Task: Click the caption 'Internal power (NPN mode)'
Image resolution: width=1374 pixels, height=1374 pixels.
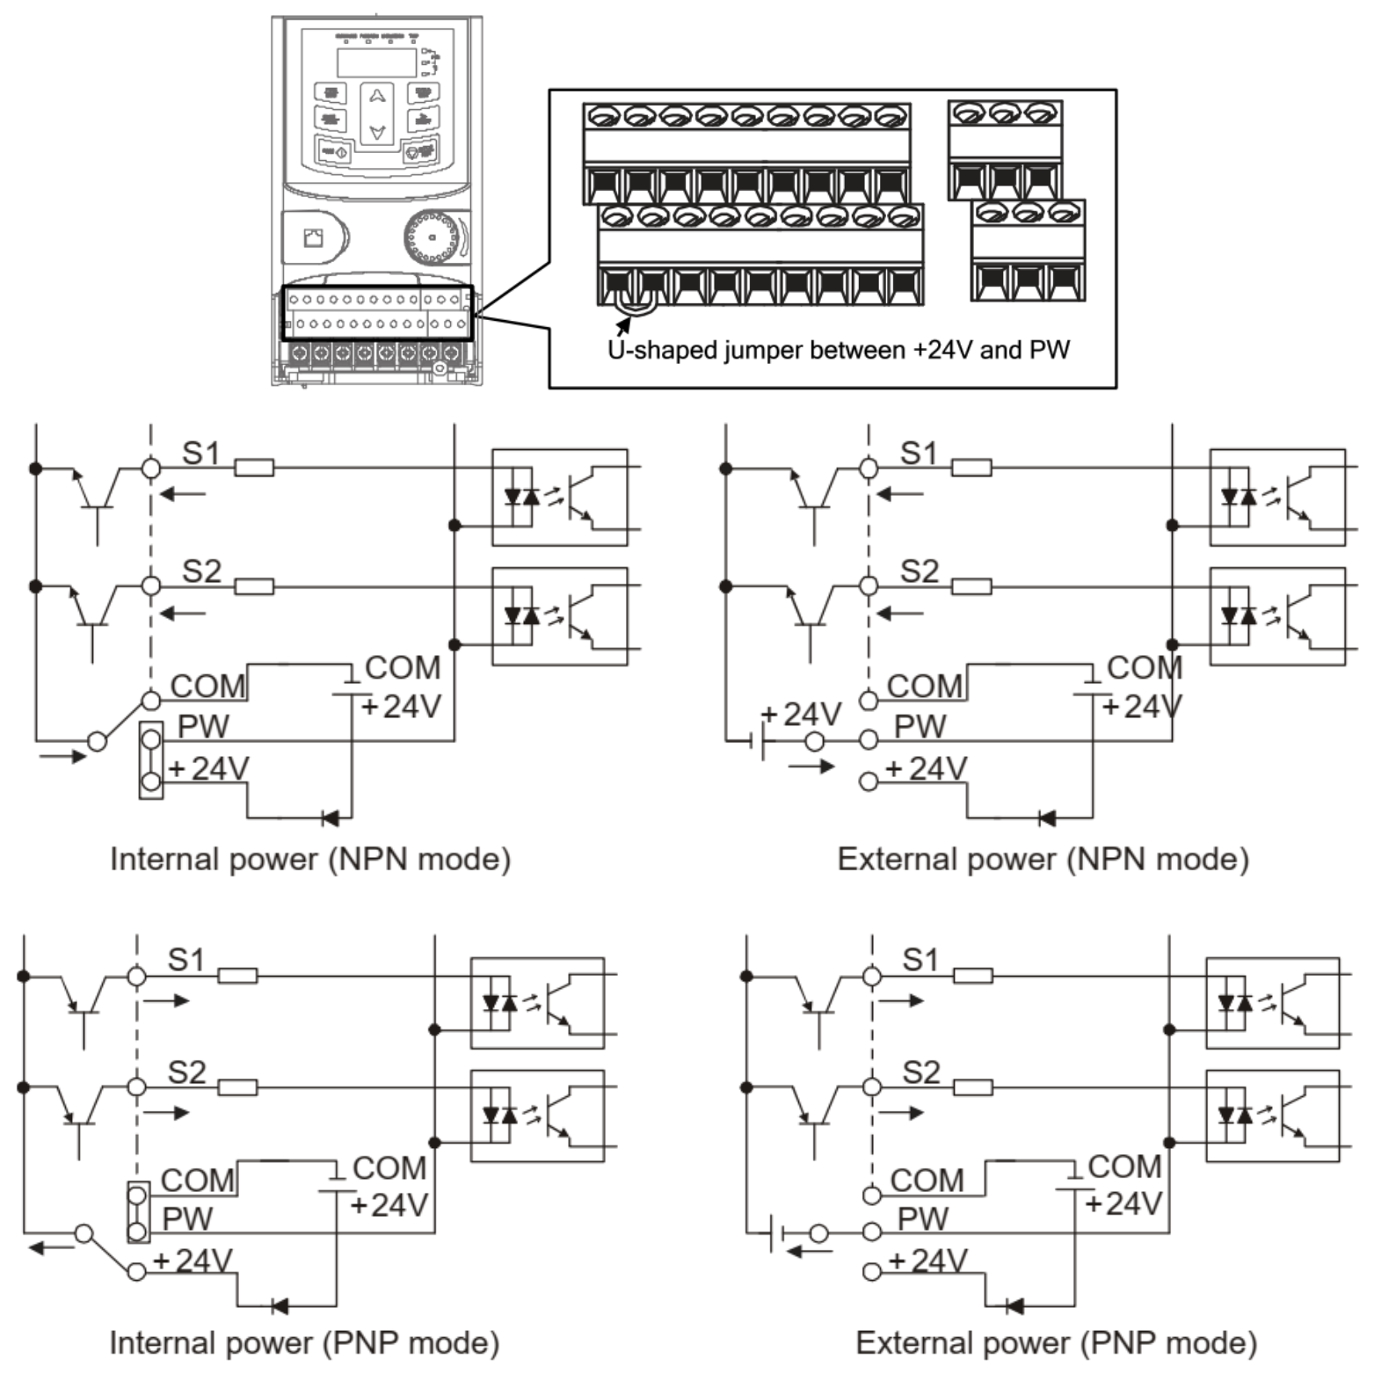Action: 309,859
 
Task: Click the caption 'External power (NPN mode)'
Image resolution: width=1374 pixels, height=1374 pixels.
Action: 1043,859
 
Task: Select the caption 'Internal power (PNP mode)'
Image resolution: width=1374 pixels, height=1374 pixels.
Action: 303,1342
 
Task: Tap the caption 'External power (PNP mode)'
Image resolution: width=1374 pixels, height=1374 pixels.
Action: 1056,1342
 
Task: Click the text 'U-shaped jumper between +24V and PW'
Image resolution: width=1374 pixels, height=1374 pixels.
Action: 838,350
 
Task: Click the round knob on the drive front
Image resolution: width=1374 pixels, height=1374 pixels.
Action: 432,237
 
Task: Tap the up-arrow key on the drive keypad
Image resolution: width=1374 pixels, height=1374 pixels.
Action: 377,97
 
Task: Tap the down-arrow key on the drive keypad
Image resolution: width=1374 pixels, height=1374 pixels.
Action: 377,132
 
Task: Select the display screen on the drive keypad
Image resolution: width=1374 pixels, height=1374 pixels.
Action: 376,62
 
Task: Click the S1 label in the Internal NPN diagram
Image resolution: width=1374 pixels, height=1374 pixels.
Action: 200,454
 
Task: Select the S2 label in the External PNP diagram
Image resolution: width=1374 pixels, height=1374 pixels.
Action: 920,1072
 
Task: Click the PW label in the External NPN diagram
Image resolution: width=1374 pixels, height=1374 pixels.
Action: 920,727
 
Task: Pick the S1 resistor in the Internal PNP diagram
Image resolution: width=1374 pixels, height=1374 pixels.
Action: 237,975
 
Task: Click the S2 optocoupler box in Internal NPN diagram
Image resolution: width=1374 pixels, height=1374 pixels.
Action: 559,615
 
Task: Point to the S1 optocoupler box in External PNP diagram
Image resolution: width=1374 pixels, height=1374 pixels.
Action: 1272,1003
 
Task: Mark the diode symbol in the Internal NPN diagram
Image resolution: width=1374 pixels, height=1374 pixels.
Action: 331,818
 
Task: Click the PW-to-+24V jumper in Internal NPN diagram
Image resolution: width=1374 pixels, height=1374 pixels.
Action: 151,760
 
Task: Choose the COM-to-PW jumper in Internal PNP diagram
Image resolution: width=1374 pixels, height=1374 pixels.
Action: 137,1212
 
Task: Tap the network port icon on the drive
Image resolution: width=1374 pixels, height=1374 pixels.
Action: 313,237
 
